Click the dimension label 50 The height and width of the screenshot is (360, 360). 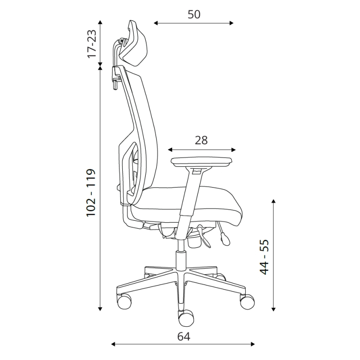[x=194, y=15]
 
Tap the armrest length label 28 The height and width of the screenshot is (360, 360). [x=201, y=140]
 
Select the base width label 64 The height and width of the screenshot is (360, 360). [x=184, y=337]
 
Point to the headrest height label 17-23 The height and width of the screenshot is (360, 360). [x=92, y=44]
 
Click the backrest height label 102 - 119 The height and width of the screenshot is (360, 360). [x=90, y=192]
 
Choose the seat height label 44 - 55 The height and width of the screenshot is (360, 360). [x=264, y=257]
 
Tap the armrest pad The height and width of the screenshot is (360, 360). [x=201, y=162]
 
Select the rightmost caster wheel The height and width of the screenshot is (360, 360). [x=247, y=301]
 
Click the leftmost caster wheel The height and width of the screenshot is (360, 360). [x=124, y=302]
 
